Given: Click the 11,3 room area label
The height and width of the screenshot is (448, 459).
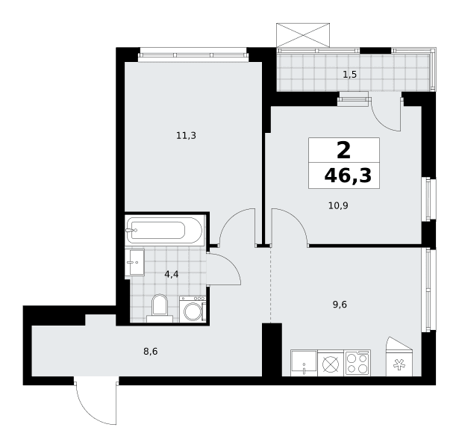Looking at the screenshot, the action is point(186,136).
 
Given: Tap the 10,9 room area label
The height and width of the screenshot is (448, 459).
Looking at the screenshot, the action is point(338,206).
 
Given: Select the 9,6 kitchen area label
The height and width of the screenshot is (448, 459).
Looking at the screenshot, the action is point(340,305).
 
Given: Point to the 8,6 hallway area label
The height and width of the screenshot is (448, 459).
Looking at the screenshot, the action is point(151,352).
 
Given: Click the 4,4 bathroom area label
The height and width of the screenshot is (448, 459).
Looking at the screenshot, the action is point(172,274).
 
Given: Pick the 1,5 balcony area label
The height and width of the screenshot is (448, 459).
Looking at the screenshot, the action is point(350,75).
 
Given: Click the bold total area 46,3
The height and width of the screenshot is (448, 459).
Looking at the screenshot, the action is point(348,176).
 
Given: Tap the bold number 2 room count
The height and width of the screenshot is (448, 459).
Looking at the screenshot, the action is point(343,151).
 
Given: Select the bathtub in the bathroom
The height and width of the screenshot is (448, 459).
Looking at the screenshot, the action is point(164,230).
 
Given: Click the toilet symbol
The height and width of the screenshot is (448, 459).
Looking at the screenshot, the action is point(160,308).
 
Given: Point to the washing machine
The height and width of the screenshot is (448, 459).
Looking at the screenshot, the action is point(193,309).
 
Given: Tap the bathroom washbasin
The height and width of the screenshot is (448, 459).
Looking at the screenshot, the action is point(135,262).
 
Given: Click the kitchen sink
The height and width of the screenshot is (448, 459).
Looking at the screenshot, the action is point(304,363).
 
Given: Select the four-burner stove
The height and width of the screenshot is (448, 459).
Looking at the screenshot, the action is point(357,363).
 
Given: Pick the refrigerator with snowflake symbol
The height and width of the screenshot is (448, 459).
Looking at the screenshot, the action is point(399,357).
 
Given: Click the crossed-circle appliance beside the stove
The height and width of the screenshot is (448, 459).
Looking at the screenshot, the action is point(331,363).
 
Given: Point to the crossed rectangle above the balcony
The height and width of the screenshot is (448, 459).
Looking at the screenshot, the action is point(303,35).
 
